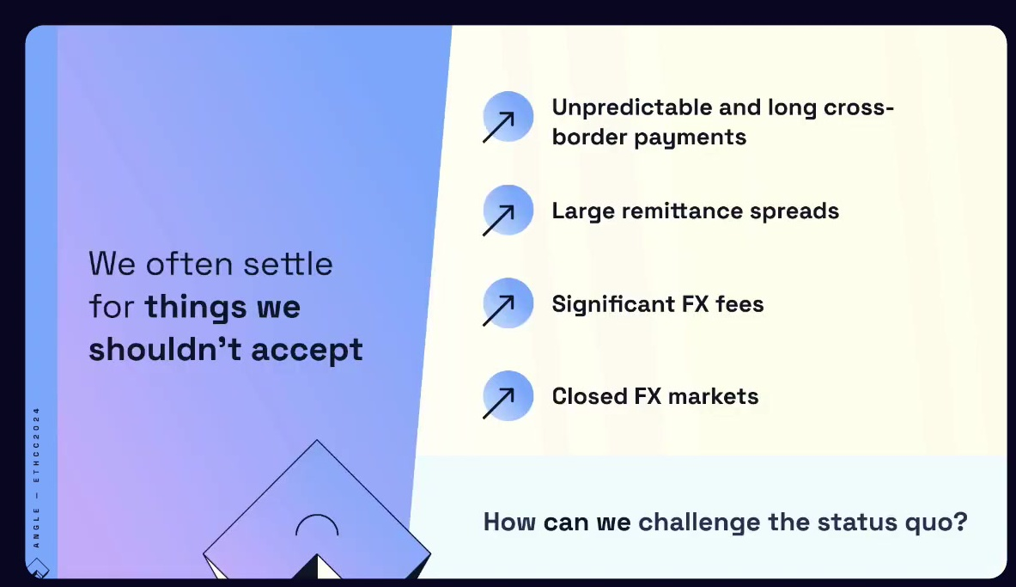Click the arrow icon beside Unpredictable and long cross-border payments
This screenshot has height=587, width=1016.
click(x=508, y=118)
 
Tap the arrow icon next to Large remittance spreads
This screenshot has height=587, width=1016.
click(x=508, y=211)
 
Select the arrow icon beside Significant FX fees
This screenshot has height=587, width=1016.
click(x=508, y=303)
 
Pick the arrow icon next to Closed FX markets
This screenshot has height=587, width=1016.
click(x=508, y=395)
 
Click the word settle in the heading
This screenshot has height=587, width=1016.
click(x=288, y=264)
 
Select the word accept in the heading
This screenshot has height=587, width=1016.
click(x=307, y=351)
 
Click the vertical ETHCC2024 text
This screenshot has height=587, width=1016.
click(x=36, y=445)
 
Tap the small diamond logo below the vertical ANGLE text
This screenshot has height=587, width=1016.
click(x=38, y=568)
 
